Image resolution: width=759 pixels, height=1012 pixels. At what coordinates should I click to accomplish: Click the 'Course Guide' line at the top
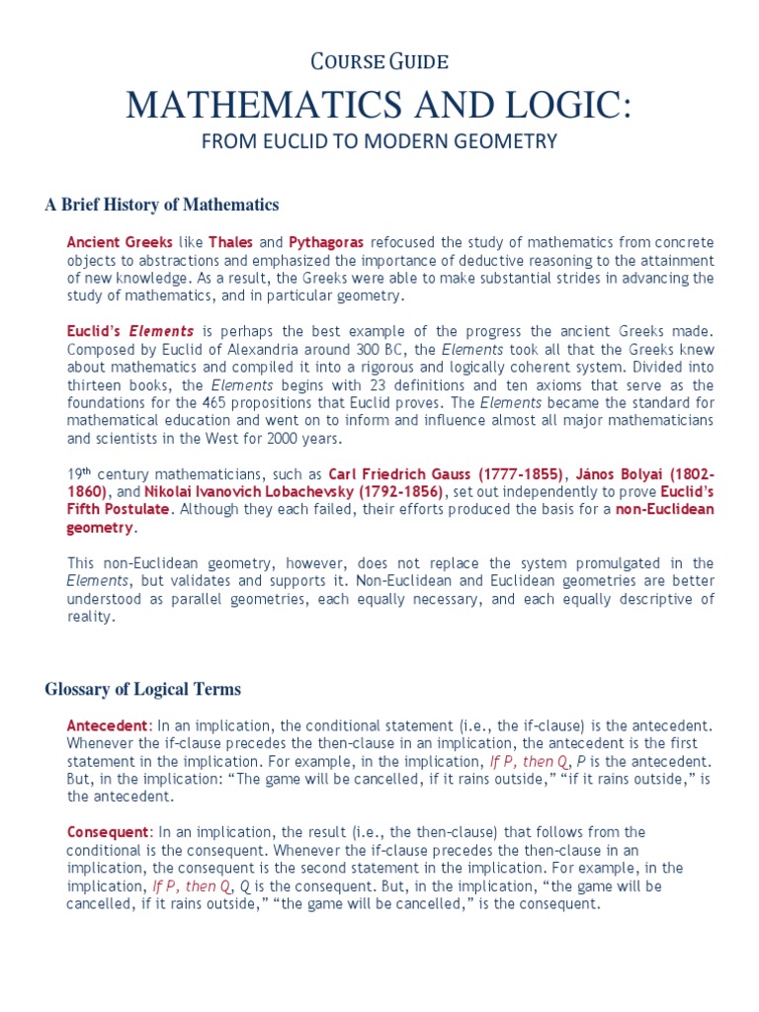click(x=379, y=62)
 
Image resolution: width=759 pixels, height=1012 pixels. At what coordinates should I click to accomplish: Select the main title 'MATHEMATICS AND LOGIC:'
click(x=379, y=104)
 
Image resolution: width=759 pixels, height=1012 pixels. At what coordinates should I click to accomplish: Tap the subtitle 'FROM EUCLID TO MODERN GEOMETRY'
click(x=379, y=141)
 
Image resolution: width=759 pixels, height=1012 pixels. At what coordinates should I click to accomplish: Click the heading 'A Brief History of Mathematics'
click(x=162, y=205)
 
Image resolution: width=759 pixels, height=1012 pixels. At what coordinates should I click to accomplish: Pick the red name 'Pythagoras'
click(x=326, y=242)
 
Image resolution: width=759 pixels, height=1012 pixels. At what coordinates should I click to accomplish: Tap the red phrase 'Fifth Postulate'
click(x=111, y=509)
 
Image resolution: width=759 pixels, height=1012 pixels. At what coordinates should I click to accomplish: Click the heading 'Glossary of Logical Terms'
click(x=142, y=689)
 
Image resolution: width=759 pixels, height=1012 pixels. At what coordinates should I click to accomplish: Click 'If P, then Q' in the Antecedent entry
click(x=528, y=762)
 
